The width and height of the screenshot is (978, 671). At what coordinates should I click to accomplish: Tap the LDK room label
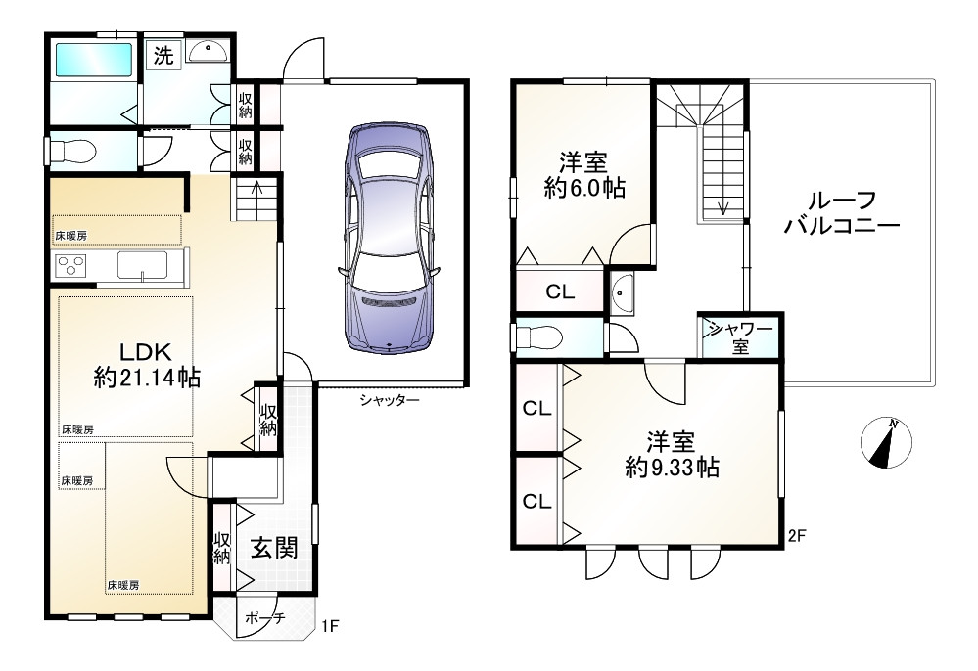146,351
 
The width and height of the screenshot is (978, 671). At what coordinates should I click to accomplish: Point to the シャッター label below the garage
389,399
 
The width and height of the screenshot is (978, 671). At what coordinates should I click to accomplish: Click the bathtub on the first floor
94,61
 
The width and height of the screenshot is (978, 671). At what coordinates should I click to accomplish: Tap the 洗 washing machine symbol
163,56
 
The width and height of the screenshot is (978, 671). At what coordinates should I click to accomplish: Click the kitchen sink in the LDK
144,265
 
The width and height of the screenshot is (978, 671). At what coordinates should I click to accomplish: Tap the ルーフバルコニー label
841,214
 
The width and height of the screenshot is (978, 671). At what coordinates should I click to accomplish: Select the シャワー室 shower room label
740,337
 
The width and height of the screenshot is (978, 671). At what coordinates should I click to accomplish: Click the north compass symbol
886,441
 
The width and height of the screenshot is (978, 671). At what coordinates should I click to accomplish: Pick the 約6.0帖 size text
585,189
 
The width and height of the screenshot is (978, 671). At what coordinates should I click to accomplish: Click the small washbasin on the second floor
623,291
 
